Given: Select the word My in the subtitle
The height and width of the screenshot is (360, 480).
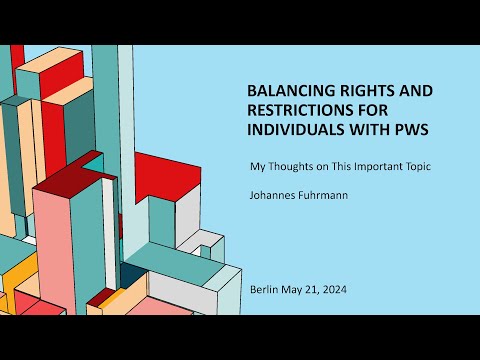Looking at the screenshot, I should (256, 166).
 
